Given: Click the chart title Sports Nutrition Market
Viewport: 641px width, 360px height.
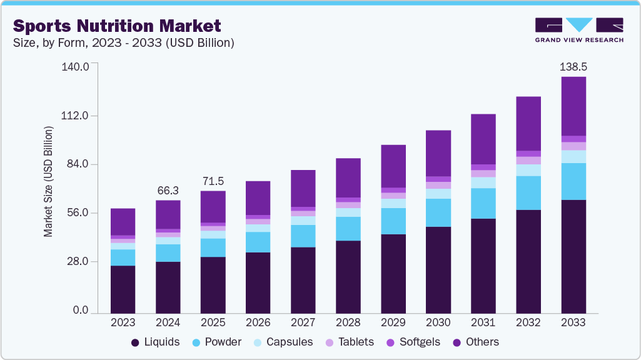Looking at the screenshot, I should (x=117, y=26).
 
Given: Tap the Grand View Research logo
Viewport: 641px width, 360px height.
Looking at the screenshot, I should (x=579, y=29).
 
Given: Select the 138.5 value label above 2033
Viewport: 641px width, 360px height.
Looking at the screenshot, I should (x=573, y=66).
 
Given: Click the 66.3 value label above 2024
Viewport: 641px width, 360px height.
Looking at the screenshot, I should (x=168, y=190).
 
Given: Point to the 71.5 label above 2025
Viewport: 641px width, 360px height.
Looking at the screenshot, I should (x=213, y=181).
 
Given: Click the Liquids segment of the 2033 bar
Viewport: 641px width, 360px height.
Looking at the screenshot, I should (x=573, y=256).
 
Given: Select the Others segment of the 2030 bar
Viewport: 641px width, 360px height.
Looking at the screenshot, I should (x=438, y=153).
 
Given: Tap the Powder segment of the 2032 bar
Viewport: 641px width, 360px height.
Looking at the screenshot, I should (x=528, y=192).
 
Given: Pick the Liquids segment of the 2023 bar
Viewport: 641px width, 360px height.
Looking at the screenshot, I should (x=123, y=289).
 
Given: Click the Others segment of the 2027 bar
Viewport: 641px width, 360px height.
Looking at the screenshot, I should (x=303, y=188).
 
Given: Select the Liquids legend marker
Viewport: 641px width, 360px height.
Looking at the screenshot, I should (x=135, y=342).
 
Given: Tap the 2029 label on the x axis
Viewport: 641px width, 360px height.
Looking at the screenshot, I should (x=393, y=322).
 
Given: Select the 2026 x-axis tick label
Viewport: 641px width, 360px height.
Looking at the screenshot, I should (x=258, y=322).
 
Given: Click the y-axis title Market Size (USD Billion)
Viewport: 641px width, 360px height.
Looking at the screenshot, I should (x=48, y=181).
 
